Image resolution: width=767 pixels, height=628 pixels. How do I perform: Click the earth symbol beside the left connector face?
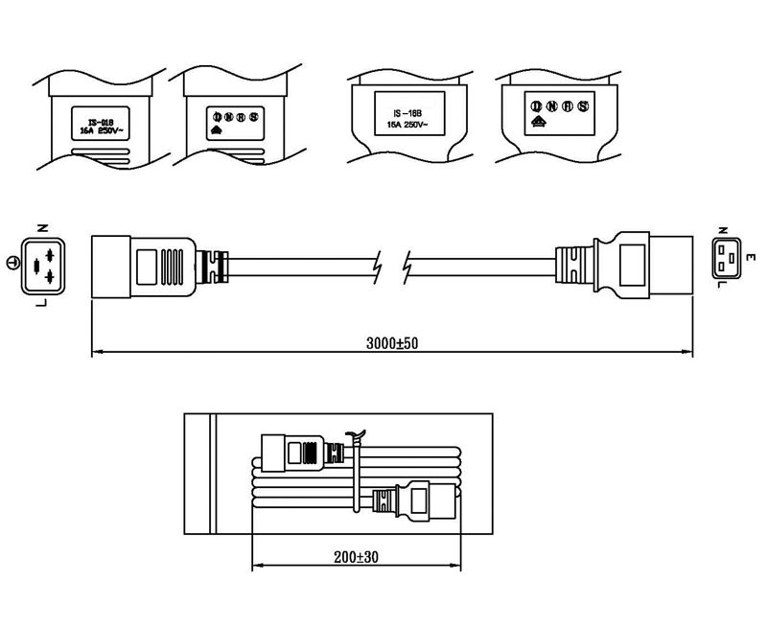(x=12, y=263)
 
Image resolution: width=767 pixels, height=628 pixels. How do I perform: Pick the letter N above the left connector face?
(x=41, y=229)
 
